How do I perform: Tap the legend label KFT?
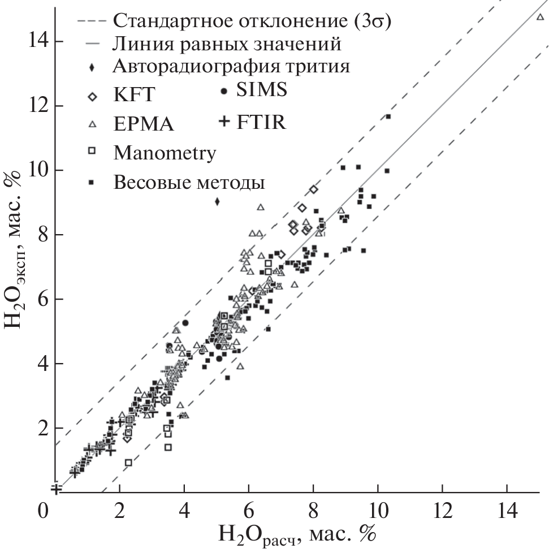coord(133,95)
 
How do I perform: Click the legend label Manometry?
coord(164,153)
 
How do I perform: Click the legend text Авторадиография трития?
coord(231,67)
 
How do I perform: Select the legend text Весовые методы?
coord(189,182)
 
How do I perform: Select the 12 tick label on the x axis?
coord(443,511)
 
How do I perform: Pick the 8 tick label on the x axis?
coord(313,511)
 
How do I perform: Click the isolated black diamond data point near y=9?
coord(217,201)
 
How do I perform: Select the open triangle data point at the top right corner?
coord(540,17)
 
